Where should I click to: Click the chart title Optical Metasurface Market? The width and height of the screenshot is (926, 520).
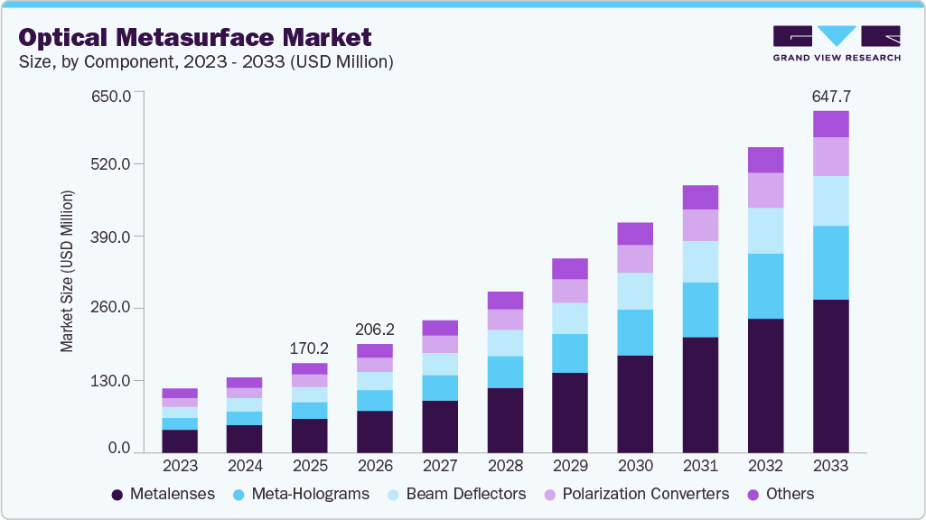[x=194, y=37]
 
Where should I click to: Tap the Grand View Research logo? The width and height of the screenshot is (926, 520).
[x=836, y=42]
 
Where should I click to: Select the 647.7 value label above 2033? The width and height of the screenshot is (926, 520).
[x=831, y=96]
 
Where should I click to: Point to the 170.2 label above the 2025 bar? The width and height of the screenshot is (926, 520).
[x=310, y=348]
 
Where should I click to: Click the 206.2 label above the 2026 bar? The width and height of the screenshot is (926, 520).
[x=375, y=329]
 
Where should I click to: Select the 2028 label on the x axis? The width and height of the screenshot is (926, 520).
[x=505, y=466]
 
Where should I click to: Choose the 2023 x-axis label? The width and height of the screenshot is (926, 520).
[x=180, y=466]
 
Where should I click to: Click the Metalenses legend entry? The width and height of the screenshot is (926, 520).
[x=163, y=494]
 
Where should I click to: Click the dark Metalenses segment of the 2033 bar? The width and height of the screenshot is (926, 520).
[x=831, y=376]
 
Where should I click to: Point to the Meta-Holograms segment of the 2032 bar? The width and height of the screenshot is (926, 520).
[x=766, y=286]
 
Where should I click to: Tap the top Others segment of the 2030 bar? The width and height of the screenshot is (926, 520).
[x=635, y=234]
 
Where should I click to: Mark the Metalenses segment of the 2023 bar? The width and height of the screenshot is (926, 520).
[x=180, y=441]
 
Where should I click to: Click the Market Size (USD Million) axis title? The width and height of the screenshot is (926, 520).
[x=67, y=271]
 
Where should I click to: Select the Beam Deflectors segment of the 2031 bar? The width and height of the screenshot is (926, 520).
[x=701, y=262]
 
